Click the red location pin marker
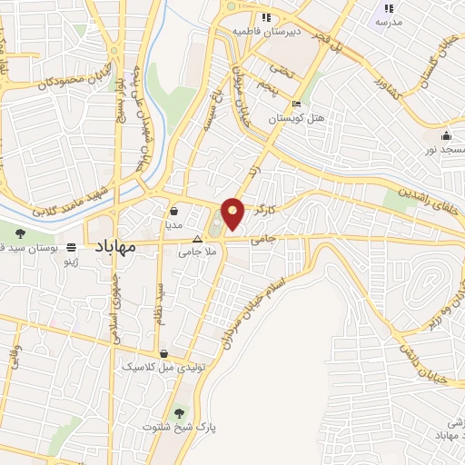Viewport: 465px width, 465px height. tap(233, 213)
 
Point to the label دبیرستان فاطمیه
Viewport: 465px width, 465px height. tap(263, 31)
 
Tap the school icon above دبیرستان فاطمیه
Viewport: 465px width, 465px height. tap(266, 16)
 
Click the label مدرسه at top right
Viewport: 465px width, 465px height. tap(388, 22)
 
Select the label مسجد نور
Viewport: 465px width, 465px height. tap(445, 148)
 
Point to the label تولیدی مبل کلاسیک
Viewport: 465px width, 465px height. tap(157, 367)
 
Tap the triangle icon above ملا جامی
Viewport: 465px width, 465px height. tap(197, 239)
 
